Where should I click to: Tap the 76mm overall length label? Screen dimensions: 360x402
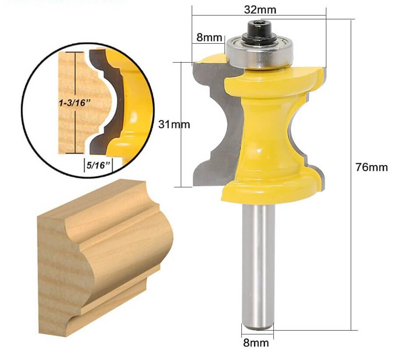(371, 167)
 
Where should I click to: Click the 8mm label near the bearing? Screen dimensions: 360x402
(209, 37)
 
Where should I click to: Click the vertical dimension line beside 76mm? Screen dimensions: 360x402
(353, 219)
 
